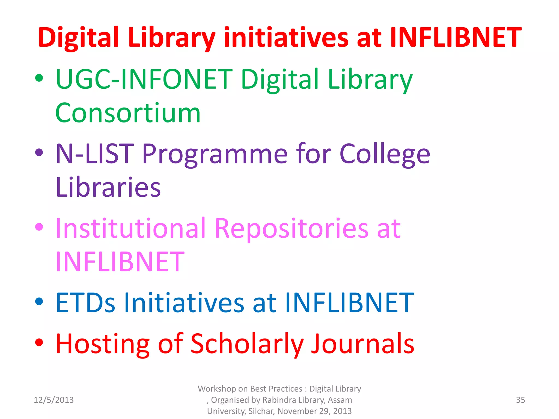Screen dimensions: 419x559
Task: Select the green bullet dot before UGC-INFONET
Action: pyautogui.click(x=39, y=78)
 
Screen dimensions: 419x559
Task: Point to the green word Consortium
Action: pyautogui.click(x=128, y=113)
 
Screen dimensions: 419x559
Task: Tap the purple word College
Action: pyautogui.click(x=385, y=154)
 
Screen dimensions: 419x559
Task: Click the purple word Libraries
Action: pyautogui.click(x=108, y=188)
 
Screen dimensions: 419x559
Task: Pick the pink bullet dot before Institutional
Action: pyautogui.click(x=39, y=227)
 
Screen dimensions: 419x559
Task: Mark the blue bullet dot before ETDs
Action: pyautogui.click(x=39, y=301)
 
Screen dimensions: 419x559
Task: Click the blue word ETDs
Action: pyautogui.click(x=85, y=303)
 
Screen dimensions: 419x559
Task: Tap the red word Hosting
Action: pyautogui.click(x=103, y=344)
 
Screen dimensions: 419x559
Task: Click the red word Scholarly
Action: pyautogui.click(x=247, y=344)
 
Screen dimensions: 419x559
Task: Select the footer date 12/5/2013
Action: pyautogui.click(x=53, y=400)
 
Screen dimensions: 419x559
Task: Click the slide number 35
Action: pyautogui.click(x=520, y=400)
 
